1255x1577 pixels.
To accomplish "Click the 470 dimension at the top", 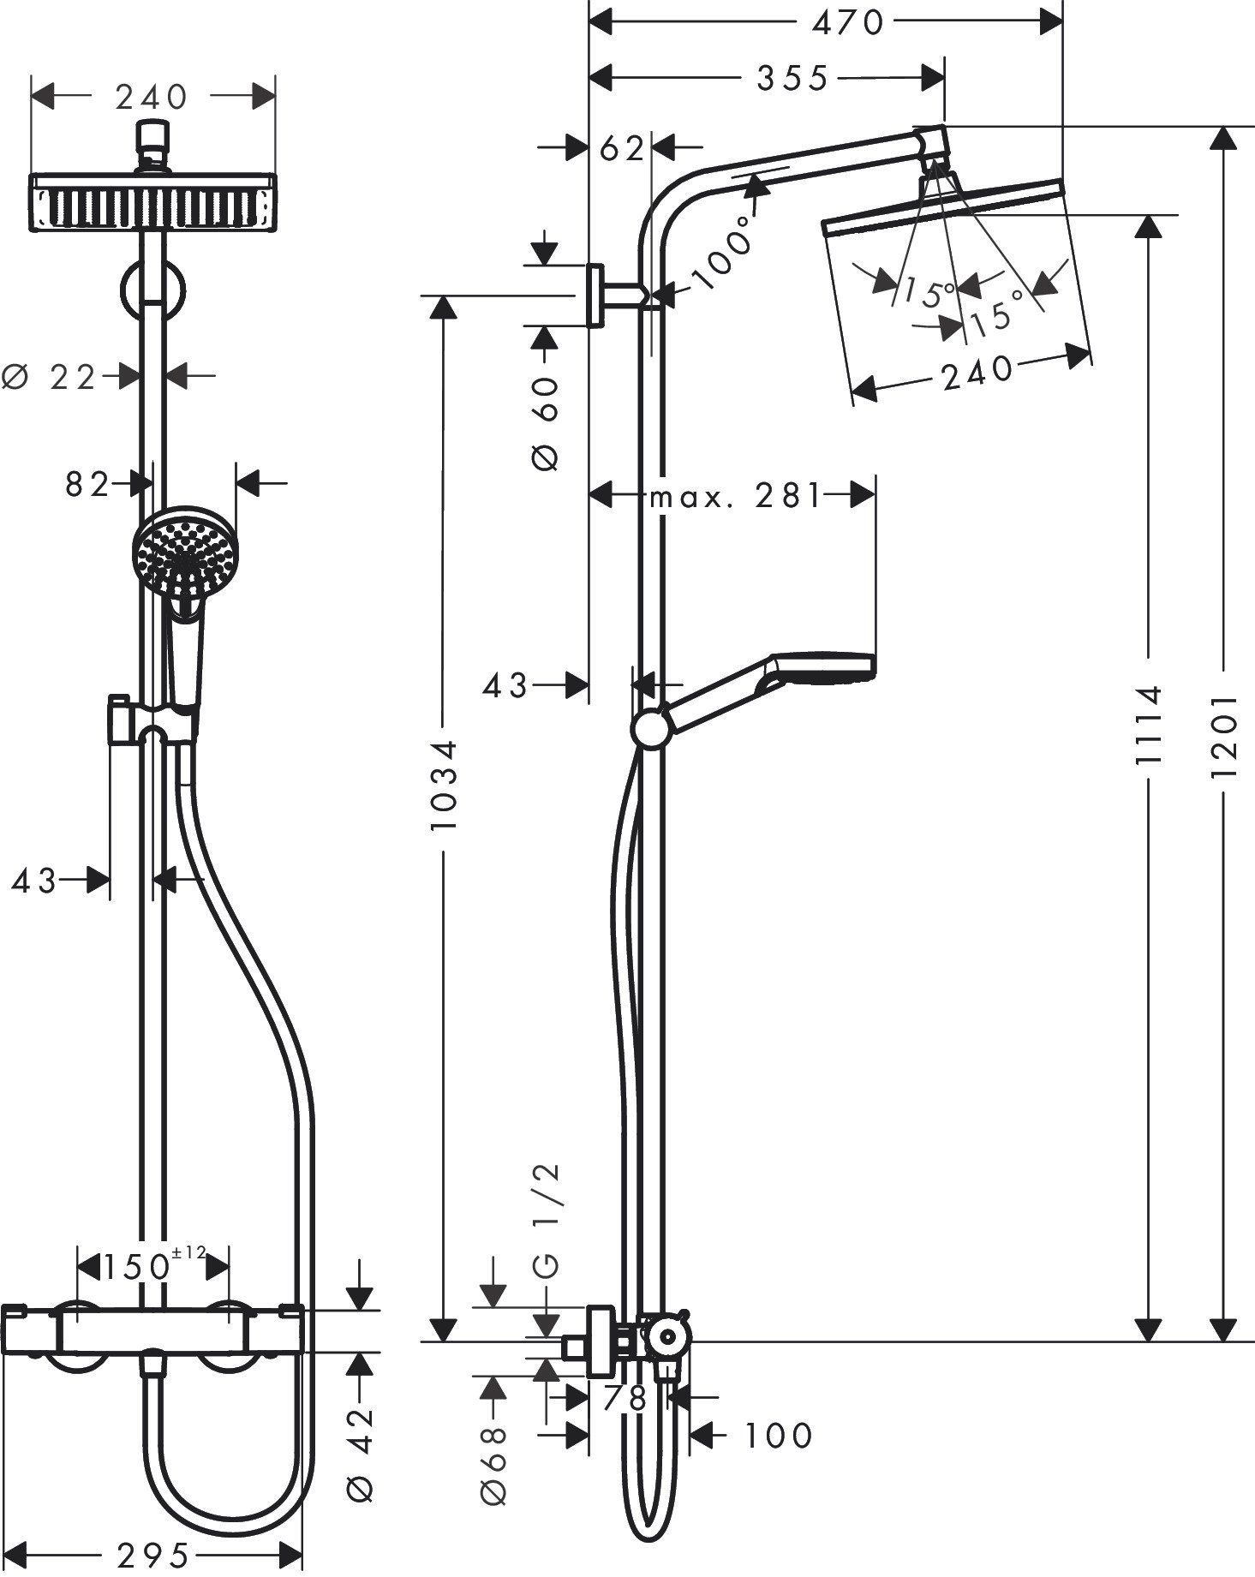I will (x=847, y=23).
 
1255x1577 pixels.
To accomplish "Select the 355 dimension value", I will (x=792, y=79).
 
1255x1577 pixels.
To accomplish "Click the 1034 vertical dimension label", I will (x=444, y=785).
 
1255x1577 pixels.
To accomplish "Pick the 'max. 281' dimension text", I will (x=736, y=496).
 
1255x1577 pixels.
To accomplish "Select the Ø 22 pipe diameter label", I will (x=53, y=376).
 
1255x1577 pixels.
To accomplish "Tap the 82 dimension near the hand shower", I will (x=87, y=485).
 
